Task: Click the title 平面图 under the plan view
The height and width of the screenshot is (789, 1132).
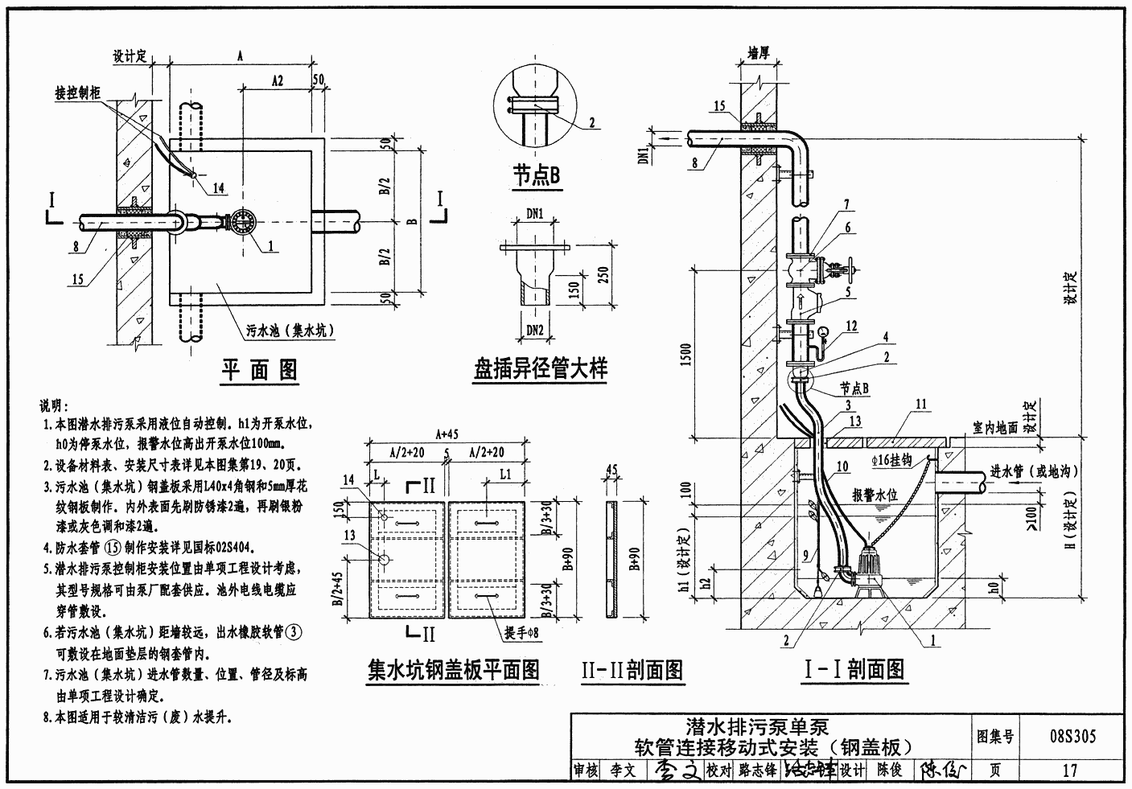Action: click(259, 369)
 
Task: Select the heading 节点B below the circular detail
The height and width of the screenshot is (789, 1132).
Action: click(537, 175)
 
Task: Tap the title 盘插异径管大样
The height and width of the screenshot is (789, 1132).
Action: click(540, 368)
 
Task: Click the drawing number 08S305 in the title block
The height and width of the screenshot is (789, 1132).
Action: click(1072, 735)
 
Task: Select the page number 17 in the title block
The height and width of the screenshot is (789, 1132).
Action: click(1069, 770)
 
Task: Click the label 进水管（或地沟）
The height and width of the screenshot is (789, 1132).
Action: click(1033, 471)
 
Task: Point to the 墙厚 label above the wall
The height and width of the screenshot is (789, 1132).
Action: click(759, 54)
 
